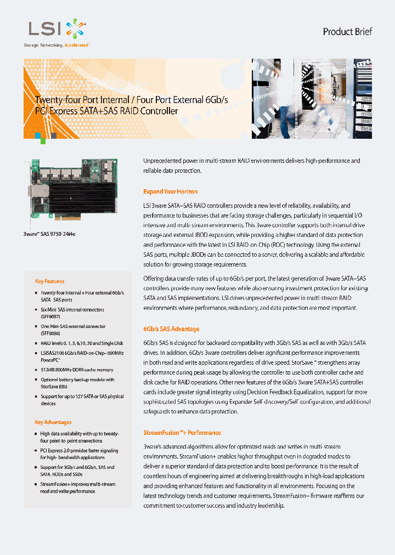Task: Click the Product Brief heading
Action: (x=347, y=32)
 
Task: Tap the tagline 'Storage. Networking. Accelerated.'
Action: (x=56, y=45)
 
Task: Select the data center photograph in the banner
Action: (x=312, y=98)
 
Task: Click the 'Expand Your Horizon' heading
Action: (x=170, y=191)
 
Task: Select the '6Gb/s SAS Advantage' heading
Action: (x=171, y=329)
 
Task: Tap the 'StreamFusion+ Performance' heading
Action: (x=182, y=433)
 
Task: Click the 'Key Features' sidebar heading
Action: (x=49, y=281)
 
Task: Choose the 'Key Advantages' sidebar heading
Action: (x=53, y=422)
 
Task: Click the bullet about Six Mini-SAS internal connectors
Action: (x=72, y=313)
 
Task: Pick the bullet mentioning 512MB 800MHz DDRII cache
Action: (x=77, y=370)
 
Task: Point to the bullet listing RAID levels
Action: (x=82, y=343)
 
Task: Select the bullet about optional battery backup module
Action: (x=77, y=383)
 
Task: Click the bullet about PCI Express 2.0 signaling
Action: (x=79, y=454)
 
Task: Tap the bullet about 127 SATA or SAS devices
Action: (x=82, y=399)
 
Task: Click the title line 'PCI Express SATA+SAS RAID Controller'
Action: (x=106, y=111)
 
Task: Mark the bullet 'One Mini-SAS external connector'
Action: (x=74, y=330)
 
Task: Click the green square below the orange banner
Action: (x=43, y=141)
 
